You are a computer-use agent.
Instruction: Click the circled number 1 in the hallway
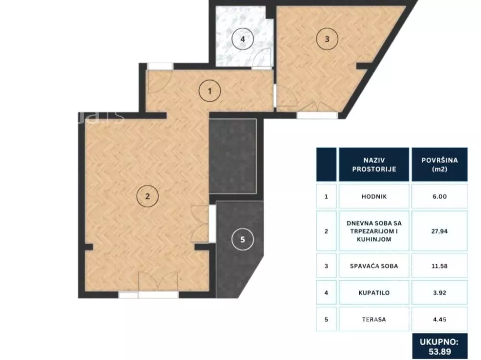(210, 91)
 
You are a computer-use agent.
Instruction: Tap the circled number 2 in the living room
(148, 196)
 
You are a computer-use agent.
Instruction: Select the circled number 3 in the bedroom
(327, 39)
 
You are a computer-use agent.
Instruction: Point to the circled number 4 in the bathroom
(242, 39)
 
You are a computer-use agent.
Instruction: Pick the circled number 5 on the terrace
(242, 239)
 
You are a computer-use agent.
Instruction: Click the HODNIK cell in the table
(374, 196)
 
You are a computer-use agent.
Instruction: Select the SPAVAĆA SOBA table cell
(374, 266)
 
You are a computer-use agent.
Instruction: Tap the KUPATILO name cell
(374, 293)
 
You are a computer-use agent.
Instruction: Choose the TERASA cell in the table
(374, 320)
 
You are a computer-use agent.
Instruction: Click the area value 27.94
(440, 231)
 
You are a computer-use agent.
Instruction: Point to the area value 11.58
(440, 266)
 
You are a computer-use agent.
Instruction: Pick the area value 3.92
(440, 293)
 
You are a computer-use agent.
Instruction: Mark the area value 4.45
(440, 320)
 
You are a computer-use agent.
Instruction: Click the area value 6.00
(440, 196)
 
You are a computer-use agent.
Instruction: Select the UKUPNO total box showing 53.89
(440, 347)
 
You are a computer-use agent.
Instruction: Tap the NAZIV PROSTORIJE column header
(374, 165)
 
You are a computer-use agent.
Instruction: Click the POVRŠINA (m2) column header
(440, 165)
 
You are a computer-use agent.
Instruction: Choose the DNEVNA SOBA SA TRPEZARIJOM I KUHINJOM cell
(374, 231)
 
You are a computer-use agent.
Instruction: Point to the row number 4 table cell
(326, 293)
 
